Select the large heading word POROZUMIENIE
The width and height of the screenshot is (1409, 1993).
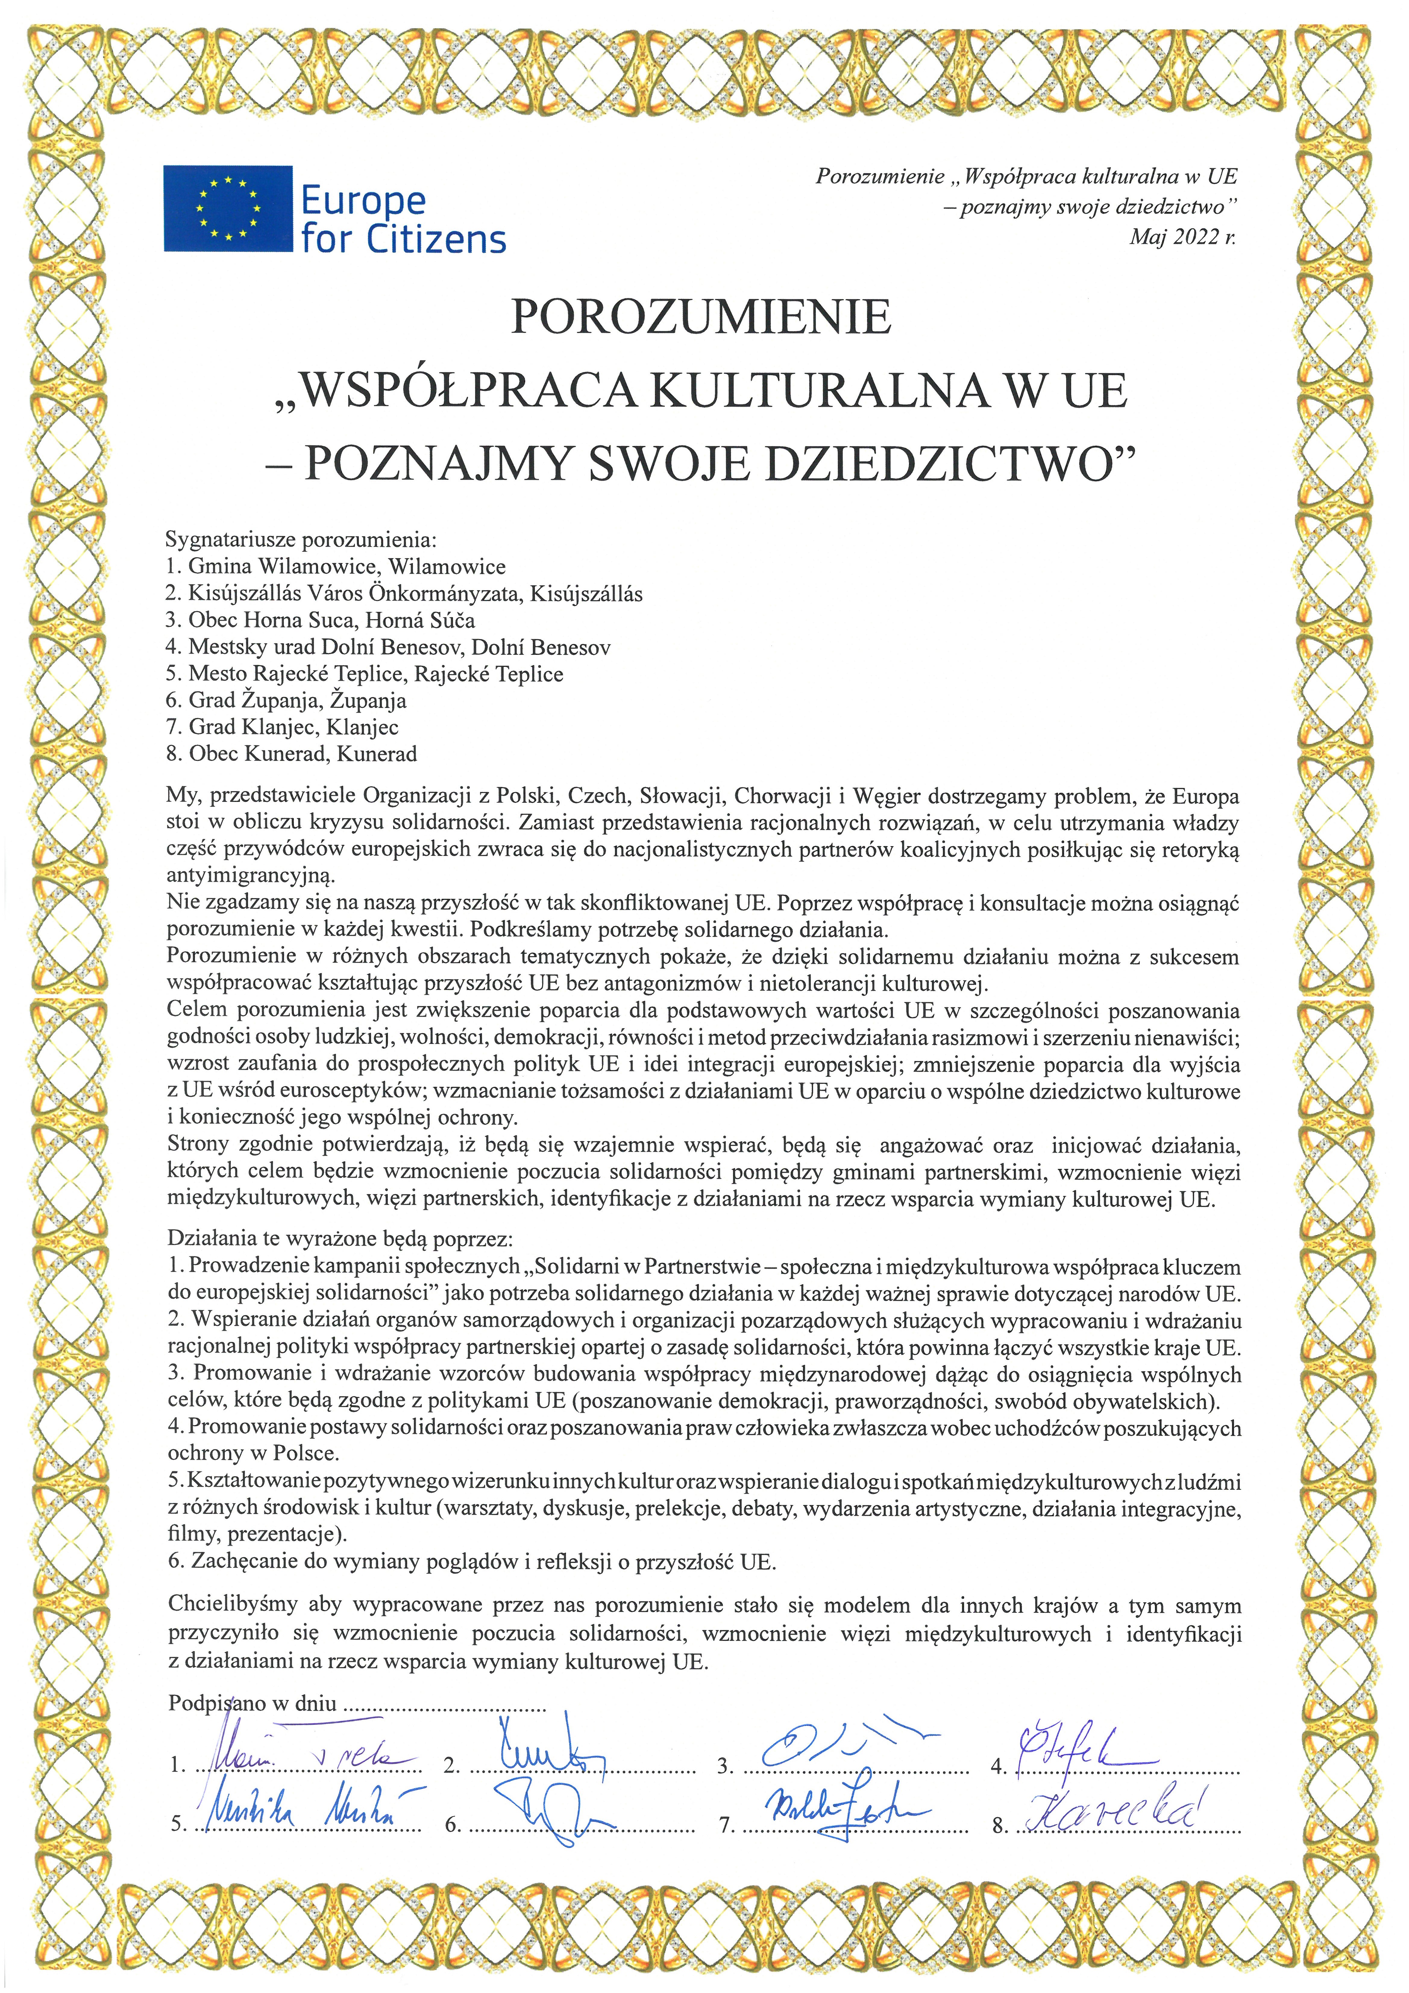click(701, 318)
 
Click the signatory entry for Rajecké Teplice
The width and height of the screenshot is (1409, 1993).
click(365, 673)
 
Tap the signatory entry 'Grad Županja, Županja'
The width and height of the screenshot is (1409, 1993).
click(287, 701)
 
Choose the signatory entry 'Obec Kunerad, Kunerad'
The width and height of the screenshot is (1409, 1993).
click(292, 753)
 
